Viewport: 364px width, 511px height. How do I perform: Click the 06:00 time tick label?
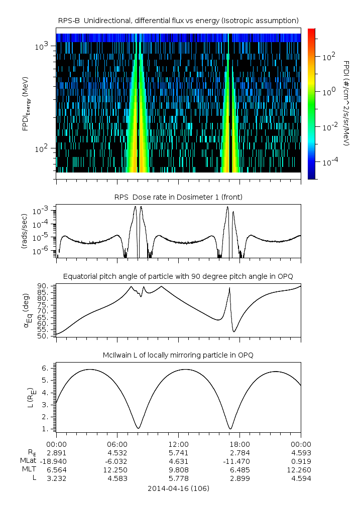tap(117, 444)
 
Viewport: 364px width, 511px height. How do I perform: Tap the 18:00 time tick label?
tap(239, 444)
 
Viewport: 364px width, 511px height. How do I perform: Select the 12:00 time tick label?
tap(178, 444)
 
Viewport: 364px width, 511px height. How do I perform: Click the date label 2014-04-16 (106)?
tap(178, 488)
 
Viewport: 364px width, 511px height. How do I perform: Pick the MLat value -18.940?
tap(56, 461)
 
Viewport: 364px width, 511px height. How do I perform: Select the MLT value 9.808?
tap(178, 469)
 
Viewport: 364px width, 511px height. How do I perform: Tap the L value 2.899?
tap(239, 478)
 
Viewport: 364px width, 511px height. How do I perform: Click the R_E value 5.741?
tap(178, 452)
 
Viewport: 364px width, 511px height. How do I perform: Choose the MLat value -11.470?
tap(239, 461)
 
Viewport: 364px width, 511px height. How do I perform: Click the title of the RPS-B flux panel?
tap(178, 20)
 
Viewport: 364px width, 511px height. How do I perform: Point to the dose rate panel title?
tap(178, 197)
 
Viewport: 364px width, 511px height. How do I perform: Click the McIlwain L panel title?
tap(178, 355)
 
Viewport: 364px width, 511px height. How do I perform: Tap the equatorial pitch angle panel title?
tap(178, 276)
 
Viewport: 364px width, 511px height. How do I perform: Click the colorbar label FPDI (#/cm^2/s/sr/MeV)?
tap(346, 103)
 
